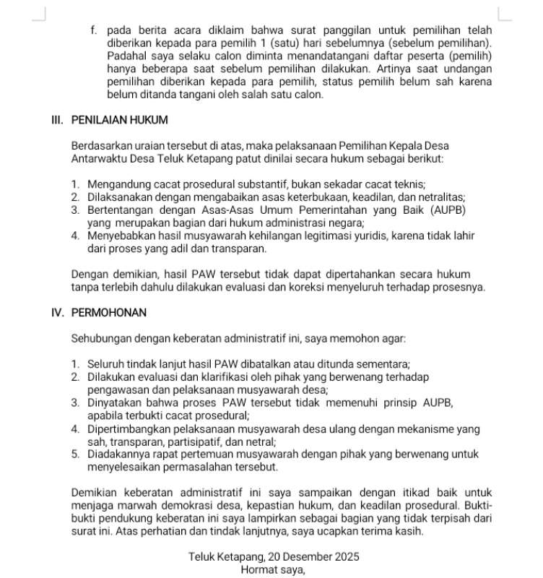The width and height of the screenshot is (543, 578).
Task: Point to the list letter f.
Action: [x=93, y=30]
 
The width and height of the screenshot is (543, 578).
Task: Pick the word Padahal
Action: [x=127, y=56]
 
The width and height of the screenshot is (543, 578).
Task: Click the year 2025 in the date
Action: [x=344, y=557]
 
